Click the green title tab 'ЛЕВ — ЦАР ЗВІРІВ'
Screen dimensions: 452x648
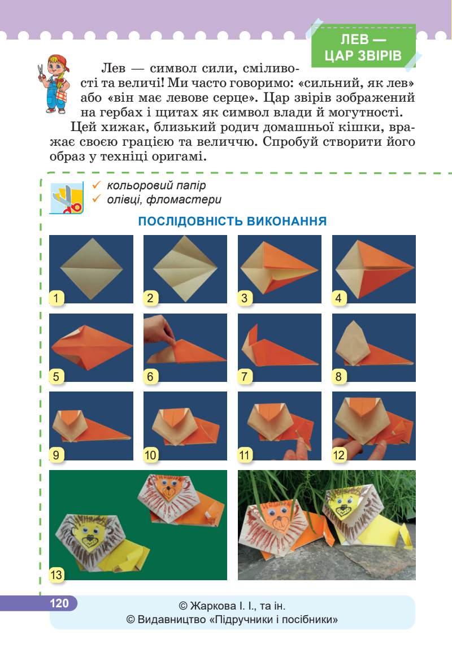click(x=363, y=46)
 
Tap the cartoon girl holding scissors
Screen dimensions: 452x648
click(x=53, y=84)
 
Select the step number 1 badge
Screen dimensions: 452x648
click(x=56, y=298)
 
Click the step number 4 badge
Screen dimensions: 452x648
click(x=339, y=298)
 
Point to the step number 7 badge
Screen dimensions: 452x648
click(x=245, y=376)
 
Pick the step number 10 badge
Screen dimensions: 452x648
click(x=150, y=455)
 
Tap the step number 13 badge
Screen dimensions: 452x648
click(x=56, y=575)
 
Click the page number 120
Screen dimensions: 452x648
click(x=59, y=603)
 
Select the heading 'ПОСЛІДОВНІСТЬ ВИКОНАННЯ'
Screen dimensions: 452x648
click(x=232, y=221)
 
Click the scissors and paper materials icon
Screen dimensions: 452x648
click(x=67, y=198)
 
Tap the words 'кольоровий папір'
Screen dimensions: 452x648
click(x=156, y=185)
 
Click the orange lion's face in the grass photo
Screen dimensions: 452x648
click(x=278, y=516)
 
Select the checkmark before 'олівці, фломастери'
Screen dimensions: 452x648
click(x=97, y=199)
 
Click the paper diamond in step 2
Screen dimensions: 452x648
click(x=185, y=268)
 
